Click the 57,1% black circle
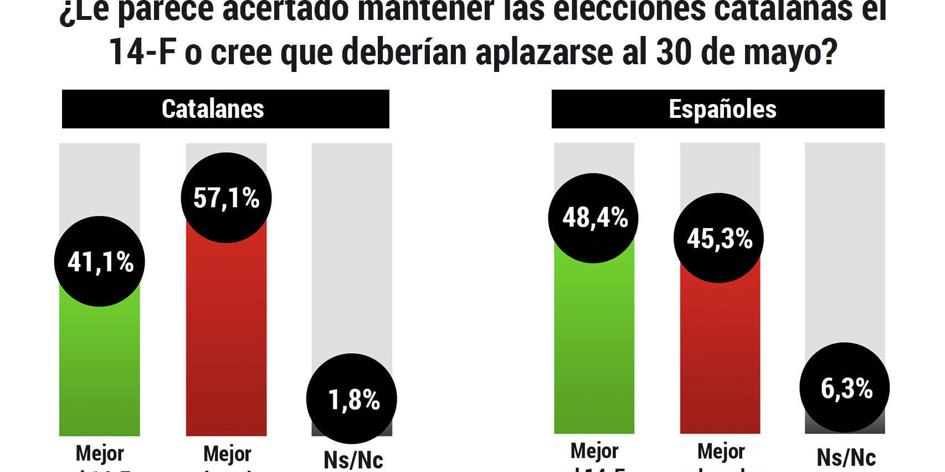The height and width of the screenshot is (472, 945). click(226, 198)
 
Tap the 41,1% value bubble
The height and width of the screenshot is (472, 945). click(100, 261)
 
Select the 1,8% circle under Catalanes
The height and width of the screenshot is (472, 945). click(352, 398)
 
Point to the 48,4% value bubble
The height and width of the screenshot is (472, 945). click(593, 218)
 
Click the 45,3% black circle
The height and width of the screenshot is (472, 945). click(718, 238)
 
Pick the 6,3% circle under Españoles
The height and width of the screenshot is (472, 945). click(845, 387)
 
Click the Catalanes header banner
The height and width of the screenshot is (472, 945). click(225, 109)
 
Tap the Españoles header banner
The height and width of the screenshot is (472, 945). click(718, 109)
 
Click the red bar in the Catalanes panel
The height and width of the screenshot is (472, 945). click(226, 343)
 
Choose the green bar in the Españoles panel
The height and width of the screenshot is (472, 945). click(594, 354)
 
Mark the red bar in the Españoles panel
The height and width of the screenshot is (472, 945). click(720, 365)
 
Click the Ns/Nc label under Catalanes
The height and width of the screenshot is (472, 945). click(353, 460)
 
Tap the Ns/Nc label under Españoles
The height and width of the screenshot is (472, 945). click(846, 458)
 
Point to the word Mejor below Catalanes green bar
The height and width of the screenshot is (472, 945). click(100, 453)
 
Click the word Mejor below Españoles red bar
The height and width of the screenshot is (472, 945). click(721, 452)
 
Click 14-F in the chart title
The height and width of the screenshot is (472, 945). click(142, 53)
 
